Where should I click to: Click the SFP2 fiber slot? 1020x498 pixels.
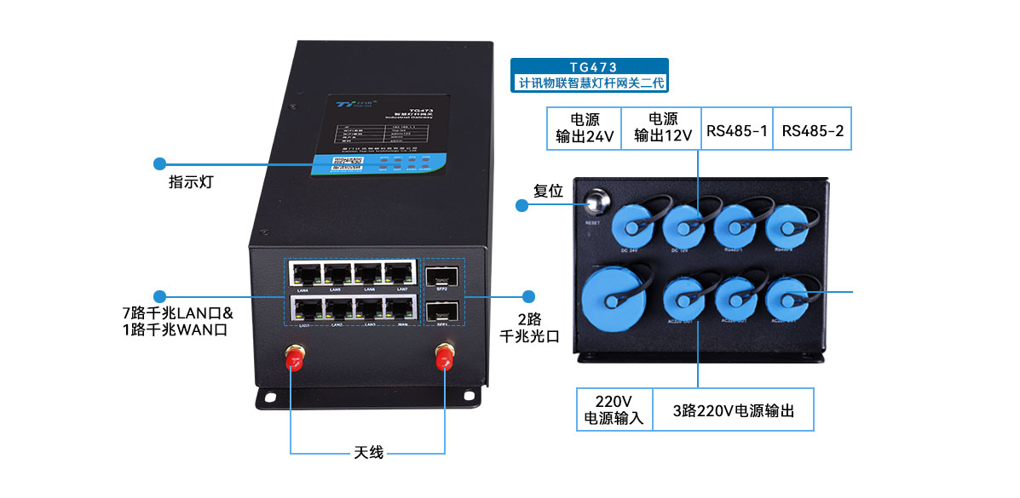point(441,276)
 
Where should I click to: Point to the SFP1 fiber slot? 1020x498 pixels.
point(441,311)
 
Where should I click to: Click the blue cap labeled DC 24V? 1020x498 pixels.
point(630,222)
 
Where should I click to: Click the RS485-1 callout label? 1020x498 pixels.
point(737,131)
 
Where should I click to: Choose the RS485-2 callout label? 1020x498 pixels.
point(812,131)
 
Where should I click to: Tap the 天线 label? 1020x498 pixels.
point(368,452)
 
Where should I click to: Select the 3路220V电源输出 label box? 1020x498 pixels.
point(733,411)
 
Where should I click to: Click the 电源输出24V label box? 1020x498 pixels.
point(584,129)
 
